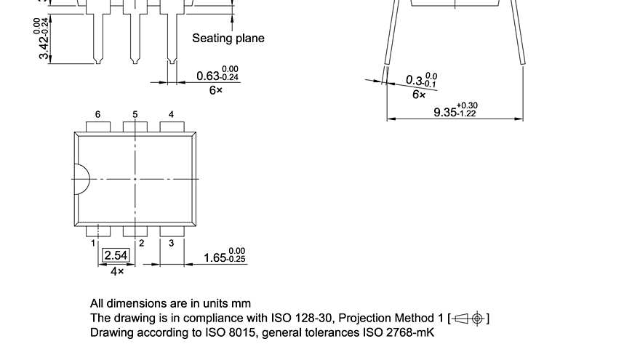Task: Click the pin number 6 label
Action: pos(97,115)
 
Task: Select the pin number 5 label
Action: pos(135,115)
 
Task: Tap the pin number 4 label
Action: pos(172,115)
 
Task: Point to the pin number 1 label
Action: pos(94,244)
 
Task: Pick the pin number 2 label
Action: pos(142,244)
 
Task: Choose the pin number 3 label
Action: pos(172,243)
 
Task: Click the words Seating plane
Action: pos(228,38)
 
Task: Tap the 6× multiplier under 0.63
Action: pos(215,91)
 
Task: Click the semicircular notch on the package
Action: pos(81,179)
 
